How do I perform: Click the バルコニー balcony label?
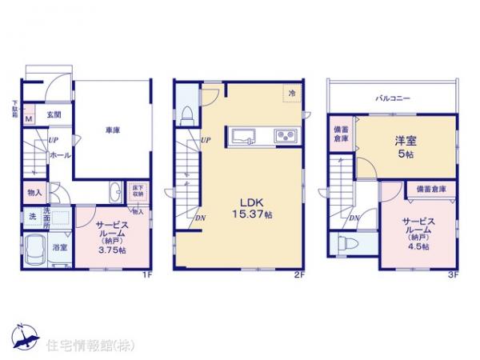(394, 98)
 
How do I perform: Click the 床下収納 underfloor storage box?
(137, 190)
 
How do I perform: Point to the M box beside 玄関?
(28, 120)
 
